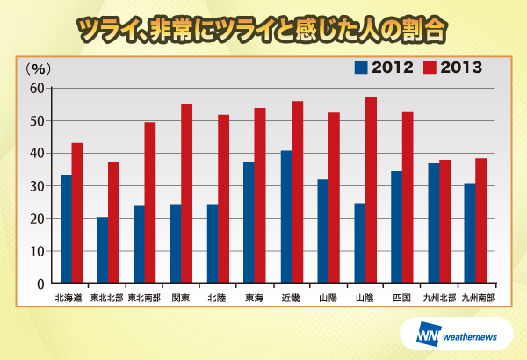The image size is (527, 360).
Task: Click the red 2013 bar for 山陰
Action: point(371,190)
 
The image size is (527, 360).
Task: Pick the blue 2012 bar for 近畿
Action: point(286,217)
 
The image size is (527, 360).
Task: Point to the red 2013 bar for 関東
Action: point(186,193)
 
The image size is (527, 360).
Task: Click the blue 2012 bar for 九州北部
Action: point(434,223)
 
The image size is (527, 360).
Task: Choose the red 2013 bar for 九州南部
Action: point(480,220)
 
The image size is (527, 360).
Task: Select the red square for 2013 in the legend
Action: point(430,67)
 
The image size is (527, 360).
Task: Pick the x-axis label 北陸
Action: point(217,298)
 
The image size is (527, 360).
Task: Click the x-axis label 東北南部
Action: point(143,298)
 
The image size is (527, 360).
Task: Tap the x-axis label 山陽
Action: point(327,298)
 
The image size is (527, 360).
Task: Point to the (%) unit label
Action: point(39,68)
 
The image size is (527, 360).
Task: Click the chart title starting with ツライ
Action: point(263,28)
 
